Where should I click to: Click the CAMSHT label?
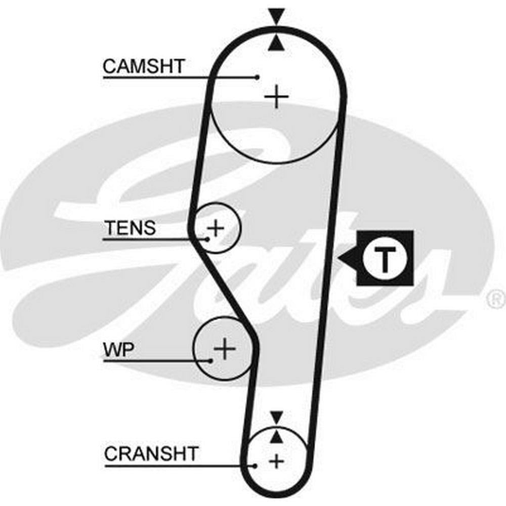click(x=144, y=66)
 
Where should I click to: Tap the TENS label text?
click(x=130, y=228)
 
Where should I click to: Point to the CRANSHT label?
click(x=151, y=453)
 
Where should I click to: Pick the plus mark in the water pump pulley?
click(x=225, y=349)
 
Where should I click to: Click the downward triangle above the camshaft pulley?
click(x=276, y=16)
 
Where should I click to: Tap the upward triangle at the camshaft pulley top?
click(x=276, y=43)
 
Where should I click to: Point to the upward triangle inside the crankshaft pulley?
click(x=276, y=436)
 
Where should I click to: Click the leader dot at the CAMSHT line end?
click(x=257, y=77)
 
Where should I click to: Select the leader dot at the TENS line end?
click(x=207, y=238)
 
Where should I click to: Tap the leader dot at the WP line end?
click(x=210, y=360)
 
